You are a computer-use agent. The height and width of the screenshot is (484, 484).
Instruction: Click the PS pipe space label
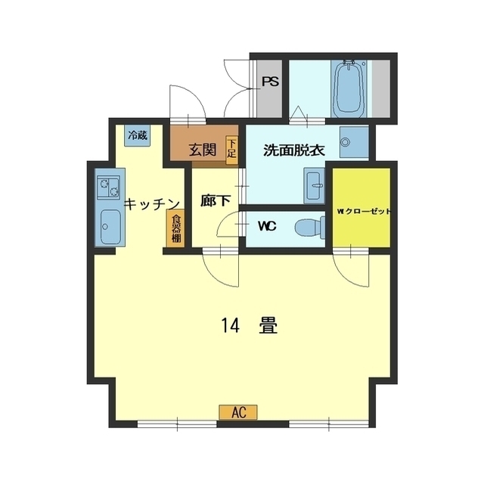tap(271, 82)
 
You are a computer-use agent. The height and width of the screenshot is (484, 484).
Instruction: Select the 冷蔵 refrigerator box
tap(138, 135)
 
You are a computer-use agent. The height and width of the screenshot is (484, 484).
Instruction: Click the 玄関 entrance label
tap(203, 150)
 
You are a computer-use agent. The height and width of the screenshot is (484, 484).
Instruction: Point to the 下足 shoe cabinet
tap(232, 150)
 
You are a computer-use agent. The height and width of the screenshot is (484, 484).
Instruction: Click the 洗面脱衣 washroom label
tap(294, 150)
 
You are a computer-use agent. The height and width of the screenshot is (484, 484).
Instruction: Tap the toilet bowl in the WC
tap(309, 228)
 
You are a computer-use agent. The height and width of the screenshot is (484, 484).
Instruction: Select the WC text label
tap(267, 227)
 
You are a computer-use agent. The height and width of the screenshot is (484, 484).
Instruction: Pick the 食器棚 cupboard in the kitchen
tap(175, 228)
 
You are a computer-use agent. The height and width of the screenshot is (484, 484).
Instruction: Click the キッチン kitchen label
tap(152, 204)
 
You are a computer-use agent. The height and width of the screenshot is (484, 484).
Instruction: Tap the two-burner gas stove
tap(108, 188)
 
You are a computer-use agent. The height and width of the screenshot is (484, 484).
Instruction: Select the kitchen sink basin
tap(111, 227)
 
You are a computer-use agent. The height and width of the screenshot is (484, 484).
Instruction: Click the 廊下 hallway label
tap(216, 201)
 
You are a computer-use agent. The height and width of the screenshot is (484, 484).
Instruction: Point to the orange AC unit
tap(238, 412)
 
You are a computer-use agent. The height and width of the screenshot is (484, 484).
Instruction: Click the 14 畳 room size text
tap(250, 326)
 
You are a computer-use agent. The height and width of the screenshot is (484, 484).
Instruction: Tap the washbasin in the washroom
tap(315, 186)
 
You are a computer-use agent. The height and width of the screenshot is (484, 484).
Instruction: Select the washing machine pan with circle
tap(354, 142)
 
